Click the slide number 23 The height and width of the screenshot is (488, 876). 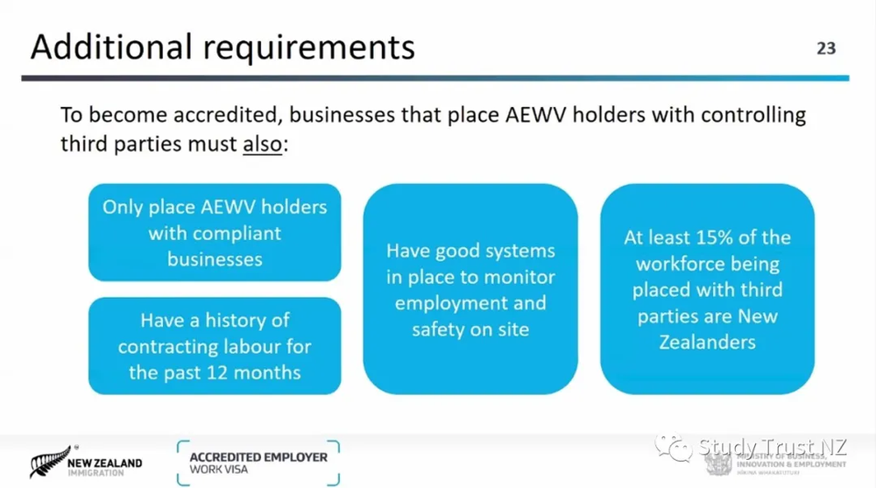tap(826, 48)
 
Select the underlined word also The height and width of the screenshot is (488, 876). tap(263, 143)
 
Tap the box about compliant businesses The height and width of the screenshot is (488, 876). tap(215, 233)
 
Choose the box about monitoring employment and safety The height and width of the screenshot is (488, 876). tap(470, 289)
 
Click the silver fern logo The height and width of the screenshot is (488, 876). tap(49, 462)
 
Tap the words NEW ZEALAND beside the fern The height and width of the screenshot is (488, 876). tap(107, 462)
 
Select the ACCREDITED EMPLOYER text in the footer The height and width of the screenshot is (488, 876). tap(258, 457)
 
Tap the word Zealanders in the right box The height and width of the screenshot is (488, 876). tap(707, 343)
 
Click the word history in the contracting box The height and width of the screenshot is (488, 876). tap(242, 320)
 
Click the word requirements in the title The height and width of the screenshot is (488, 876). tap(314, 46)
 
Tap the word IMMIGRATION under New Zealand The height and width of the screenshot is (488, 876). tap(94, 473)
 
